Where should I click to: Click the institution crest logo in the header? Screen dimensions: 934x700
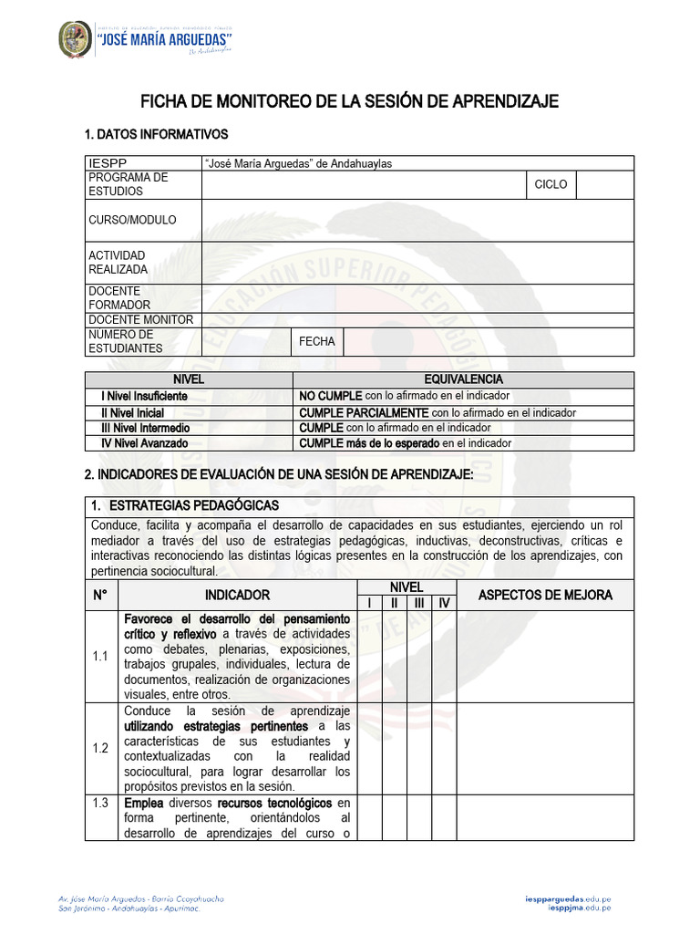(75, 39)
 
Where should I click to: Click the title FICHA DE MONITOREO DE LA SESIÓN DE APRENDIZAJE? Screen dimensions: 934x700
(349, 101)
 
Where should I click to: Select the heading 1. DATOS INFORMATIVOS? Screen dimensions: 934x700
(156, 135)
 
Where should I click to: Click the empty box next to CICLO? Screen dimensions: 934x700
(605, 184)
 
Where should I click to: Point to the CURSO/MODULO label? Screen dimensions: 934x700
(132, 221)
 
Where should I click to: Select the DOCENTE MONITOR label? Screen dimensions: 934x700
(140, 320)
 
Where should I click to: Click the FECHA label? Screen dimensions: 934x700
(317, 341)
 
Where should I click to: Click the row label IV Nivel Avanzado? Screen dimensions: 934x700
(145, 443)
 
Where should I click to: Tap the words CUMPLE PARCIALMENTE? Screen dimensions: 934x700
(364, 412)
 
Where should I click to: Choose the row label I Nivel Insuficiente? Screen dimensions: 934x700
(144, 396)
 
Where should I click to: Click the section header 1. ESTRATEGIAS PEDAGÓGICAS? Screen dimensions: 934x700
(185, 505)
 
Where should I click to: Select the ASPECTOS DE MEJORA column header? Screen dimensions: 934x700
(545, 595)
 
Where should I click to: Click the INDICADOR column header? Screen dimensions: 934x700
(237, 595)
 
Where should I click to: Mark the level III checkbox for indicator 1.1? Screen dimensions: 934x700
(419, 657)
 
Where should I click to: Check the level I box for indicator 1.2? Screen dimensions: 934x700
(369, 748)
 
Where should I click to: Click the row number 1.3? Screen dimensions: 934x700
(100, 804)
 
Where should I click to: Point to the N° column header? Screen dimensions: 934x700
(100, 595)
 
